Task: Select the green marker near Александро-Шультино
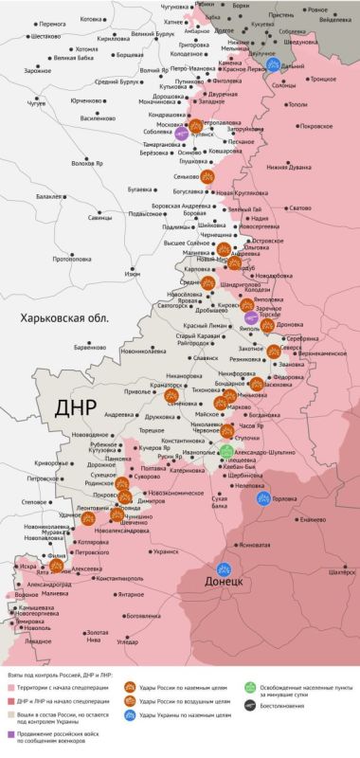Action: [226, 452]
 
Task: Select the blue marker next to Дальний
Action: [273, 66]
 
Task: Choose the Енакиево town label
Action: [308, 519]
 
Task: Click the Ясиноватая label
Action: [261, 545]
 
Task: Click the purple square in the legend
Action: [11, 731]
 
